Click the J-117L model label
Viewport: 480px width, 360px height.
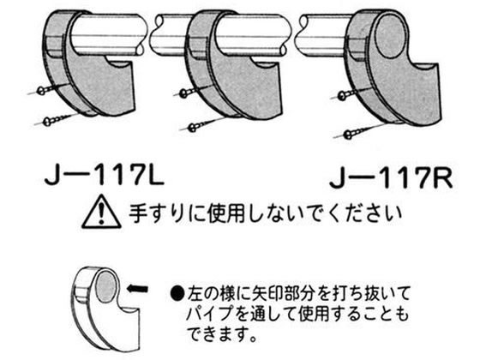(105, 177)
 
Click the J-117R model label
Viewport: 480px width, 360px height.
(391, 179)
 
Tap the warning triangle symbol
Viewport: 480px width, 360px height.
(101, 212)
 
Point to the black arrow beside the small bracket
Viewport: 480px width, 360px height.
(137, 288)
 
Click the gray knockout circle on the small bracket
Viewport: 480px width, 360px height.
(106, 285)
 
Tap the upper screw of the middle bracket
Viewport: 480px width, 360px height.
(190, 91)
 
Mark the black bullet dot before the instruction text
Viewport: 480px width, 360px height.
(177, 294)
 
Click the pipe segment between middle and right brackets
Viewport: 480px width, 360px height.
(318, 35)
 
